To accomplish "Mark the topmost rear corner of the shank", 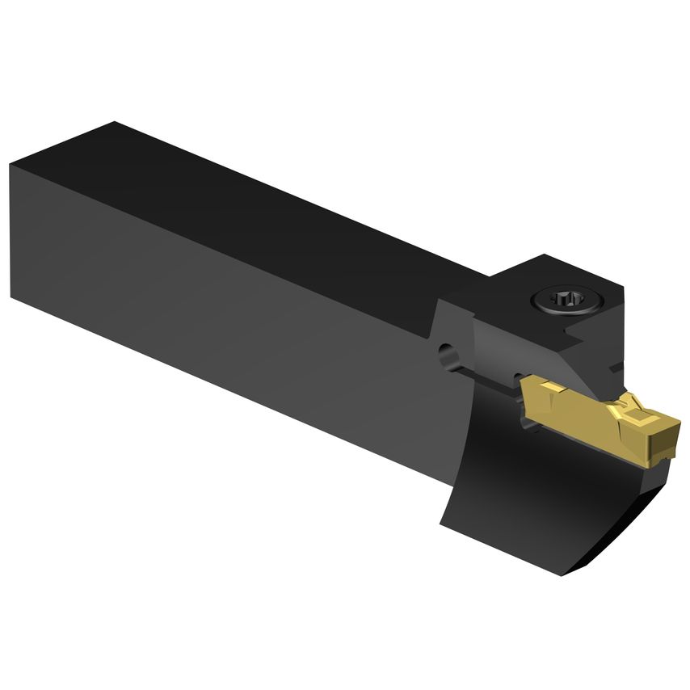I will (x=116, y=123).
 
